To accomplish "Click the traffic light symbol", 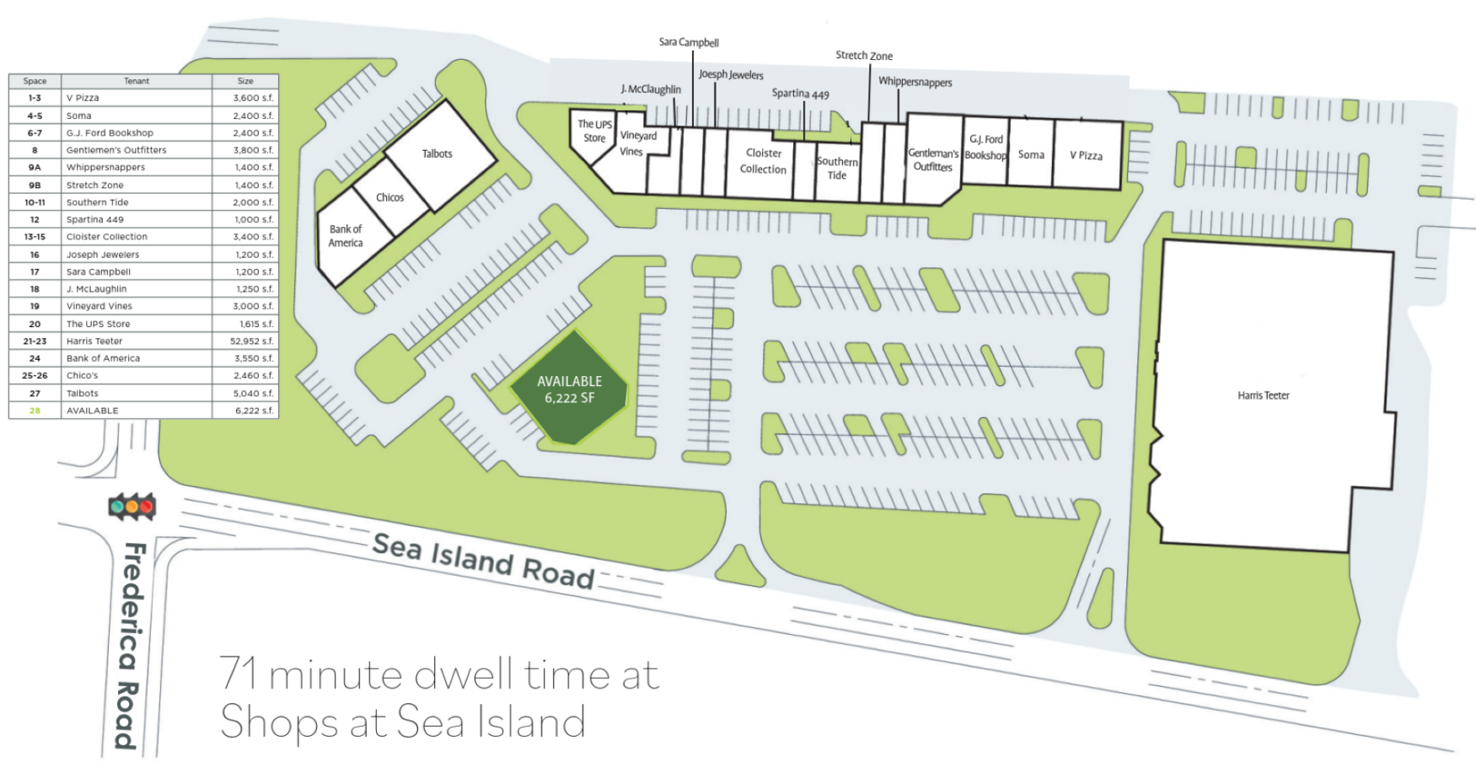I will [x=131, y=507].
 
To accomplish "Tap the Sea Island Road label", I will [x=483, y=561].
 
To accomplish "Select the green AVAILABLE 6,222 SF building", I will [x=569, y=389].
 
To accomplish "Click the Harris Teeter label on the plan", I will [x=1263, y=395].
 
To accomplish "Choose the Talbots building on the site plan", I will [x=437, y=154].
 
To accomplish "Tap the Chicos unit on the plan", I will [x=389, y=197].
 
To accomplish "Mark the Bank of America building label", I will [x=346, y=236].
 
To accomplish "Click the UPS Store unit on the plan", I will [x=594, y=132].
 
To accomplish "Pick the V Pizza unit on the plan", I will [x=1086, y=156].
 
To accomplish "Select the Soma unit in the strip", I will [x=1031, y=155].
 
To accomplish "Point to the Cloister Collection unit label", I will [x=764, y=161].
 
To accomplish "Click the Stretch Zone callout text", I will [x=864, y=56].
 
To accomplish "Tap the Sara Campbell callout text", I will [x=689, y=42].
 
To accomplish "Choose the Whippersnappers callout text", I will [x=915, y=82].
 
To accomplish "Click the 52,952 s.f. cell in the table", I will [x=252, y=341].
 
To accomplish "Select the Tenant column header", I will [x=137, y=81].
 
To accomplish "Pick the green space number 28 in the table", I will [x=35, y=411].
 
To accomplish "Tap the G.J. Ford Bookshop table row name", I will [x=110, y=133].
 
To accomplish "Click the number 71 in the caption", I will [x=239, y=674].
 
